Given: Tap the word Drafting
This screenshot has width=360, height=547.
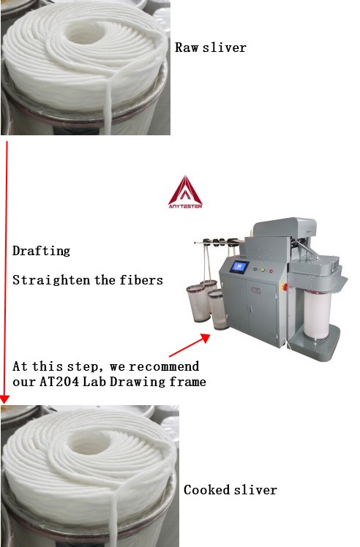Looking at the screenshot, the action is (x=41, y=251).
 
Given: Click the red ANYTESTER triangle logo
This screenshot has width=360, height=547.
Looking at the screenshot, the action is (x=185, y=192).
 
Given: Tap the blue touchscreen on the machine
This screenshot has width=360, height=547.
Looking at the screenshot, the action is (x=239, y=267).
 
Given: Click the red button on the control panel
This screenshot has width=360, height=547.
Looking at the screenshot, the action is (x=271, y=271).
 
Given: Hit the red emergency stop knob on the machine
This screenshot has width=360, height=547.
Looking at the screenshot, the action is (x=285, y=287).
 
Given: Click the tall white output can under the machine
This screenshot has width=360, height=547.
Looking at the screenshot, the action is (x=316, y=314).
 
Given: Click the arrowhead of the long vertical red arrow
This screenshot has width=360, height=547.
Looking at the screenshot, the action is (x=4, y=400).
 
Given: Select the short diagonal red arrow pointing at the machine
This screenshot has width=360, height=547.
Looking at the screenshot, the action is (x=190, y=345).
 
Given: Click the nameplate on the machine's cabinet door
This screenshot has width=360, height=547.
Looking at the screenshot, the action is (x=255, y=290).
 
